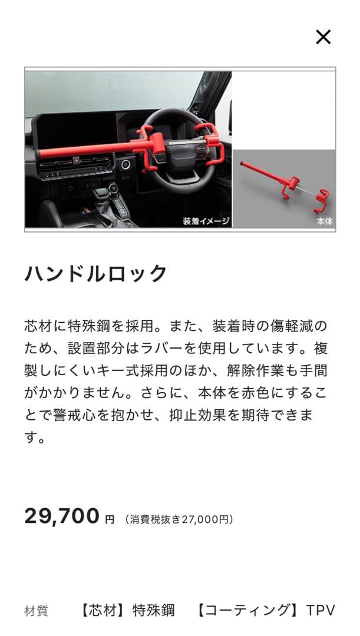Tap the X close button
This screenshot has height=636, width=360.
pyautogui.click(x=323, y=37)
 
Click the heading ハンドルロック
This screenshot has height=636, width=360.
pyautogui.click(x=96, y=274)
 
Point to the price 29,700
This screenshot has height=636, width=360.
pyautogui.click(x=62, y=516)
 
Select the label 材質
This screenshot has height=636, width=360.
pyautogui.click(x=36, y=611)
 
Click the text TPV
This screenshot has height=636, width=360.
pyautogui.click(x=321, y=610)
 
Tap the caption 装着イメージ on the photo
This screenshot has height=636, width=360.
pyautogui.click(x=206, y=221)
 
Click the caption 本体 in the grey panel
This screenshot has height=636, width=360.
pyautogui.click(x=325, y=222)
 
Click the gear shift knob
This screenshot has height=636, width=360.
pyautogui.click(x=113, y=189)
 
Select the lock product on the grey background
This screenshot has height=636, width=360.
pyautogui.click(x=283, y=185)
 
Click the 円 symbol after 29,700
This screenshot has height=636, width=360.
pyautogui.click(x=110, y=520)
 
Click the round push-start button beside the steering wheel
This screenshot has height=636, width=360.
pyautogui.click(x=125, y=165)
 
